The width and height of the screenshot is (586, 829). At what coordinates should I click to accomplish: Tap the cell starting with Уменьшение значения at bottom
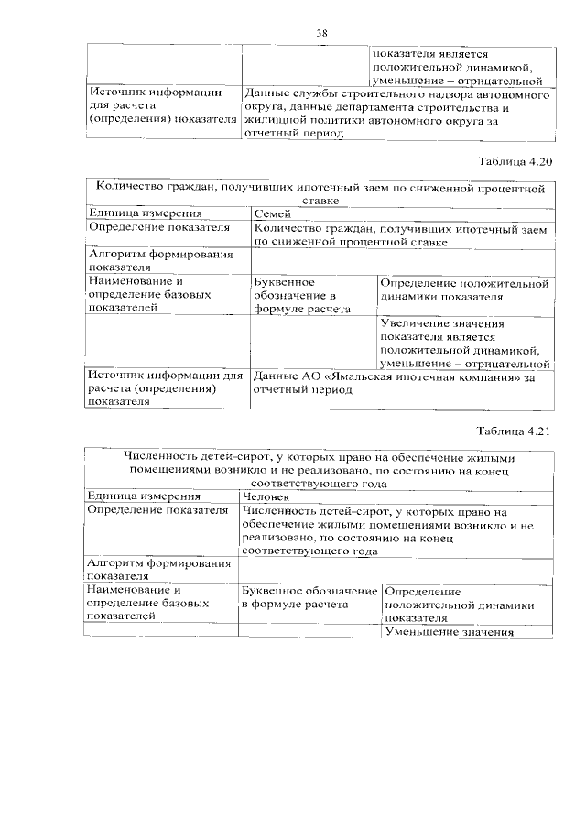coord(446,632)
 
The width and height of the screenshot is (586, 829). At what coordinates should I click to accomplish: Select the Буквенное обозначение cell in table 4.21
coord(309,599)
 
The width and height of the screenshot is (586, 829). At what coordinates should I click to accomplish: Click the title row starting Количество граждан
coord(320,193)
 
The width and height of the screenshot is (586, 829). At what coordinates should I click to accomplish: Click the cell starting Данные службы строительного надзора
coord(396,114)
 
